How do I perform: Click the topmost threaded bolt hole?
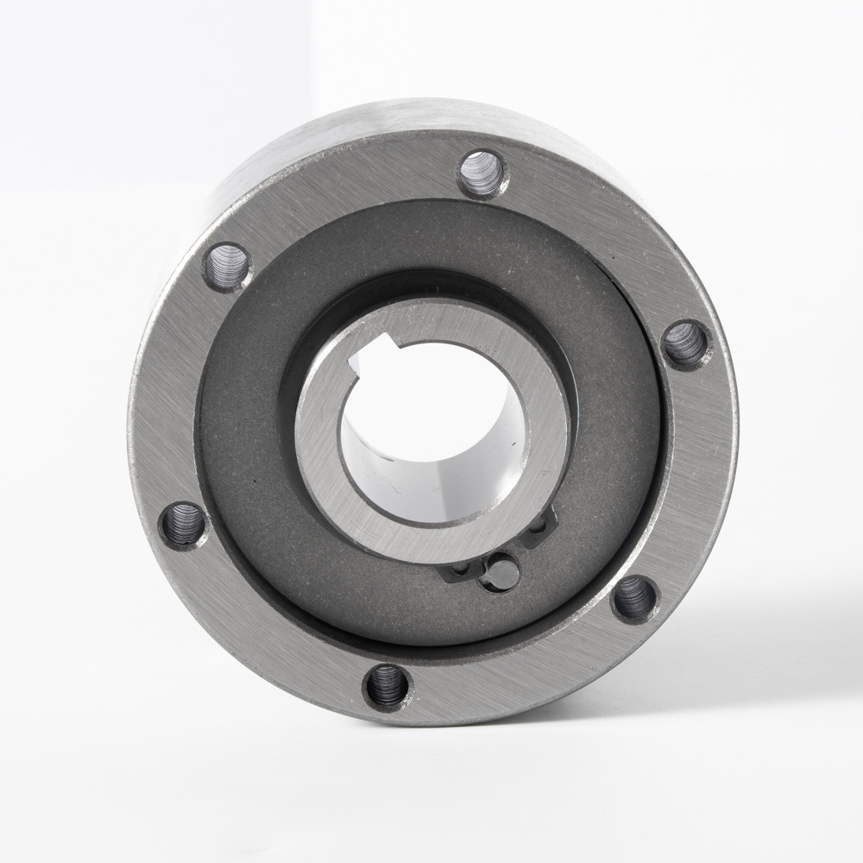point(482,173)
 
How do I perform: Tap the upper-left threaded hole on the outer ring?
point(227,266)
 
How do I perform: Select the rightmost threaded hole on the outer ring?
point(686,344)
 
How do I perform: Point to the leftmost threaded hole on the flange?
point(183,525)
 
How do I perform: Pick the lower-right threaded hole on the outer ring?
point(634,598)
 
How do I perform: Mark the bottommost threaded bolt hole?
point(387,686)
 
